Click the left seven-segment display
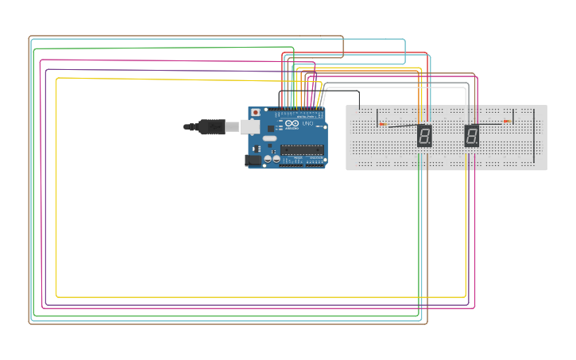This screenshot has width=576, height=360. click(424, 136)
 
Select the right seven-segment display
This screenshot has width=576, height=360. click(472, 136)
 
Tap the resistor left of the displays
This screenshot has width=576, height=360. click(382, 124)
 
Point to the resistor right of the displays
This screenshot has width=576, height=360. click(506, 122)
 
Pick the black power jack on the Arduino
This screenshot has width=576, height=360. click(253, 160)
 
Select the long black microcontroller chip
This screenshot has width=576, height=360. click(302, 149)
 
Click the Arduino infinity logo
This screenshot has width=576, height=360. click(292, 124)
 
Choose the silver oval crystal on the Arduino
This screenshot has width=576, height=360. click(270, 138)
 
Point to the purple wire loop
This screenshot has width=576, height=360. click(45, 191)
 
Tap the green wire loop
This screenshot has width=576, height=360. click(34, 191)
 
